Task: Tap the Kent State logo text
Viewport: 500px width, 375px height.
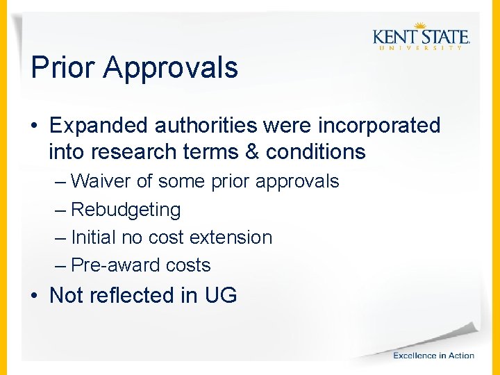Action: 421,37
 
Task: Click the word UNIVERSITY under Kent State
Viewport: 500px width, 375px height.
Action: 421,48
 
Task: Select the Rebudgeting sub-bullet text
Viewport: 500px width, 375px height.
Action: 126,210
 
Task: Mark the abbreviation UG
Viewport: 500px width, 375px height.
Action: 221,295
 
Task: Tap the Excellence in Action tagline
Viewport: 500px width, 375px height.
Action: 433,356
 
